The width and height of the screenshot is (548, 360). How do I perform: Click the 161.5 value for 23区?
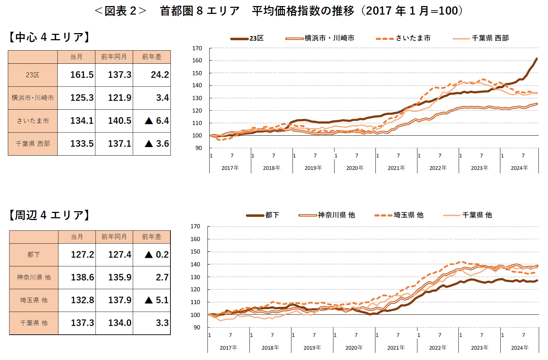(x=81, y=75)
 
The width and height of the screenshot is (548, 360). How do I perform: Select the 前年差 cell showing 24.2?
(x=160, y=75)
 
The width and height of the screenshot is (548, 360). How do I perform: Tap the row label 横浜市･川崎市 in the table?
(x=33, y=98)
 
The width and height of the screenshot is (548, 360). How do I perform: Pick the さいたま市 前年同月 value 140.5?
(x=120, y=121)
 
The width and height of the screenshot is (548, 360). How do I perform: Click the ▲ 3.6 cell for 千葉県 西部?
(x=157, y=144)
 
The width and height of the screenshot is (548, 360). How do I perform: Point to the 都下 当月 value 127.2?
(x=82, y=255)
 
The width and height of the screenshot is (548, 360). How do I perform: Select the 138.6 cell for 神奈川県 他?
(x=82, y=277)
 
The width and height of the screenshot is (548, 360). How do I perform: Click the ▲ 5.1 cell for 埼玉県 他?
(x=157, y=300)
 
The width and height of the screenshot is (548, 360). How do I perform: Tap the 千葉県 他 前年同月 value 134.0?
(x=120, y=323)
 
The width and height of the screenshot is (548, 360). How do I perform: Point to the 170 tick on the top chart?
(x=197, y=48)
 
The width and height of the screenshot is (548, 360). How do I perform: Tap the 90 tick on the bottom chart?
(x=197, y=327)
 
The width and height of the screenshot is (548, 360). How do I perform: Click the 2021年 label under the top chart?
(x=396, y=168)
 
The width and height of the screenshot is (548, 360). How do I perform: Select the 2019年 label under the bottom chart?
(x=312, y=348)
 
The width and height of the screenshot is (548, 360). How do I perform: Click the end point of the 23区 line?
(x=537, y=59)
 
